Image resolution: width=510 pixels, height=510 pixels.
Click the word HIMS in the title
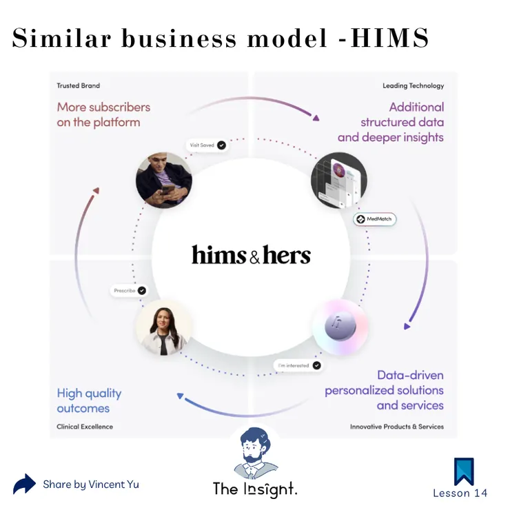click(389, 38)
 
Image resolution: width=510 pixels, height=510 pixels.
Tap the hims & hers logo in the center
click(251, 254)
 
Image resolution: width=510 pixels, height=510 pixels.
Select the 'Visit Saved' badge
click(207, 145)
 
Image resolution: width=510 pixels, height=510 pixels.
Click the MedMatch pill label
click(375, 219)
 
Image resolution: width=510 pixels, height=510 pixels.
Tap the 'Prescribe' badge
click(130, 290)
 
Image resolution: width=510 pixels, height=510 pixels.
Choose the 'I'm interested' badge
click(298, 365)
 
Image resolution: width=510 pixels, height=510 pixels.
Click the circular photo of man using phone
click(164, 180)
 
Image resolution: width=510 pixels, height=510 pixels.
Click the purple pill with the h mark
click(340, 326)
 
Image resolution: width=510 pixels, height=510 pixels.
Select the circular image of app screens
click(339, 180)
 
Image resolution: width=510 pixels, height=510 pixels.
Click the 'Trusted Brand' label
click(79, 85)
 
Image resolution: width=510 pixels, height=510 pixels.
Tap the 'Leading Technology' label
click(413, 85)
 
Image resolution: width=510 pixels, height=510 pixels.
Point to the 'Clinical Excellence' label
click(85, 427)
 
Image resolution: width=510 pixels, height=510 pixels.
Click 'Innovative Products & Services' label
click(397, 427)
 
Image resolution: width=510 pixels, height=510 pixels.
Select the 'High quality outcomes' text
click(89, 400)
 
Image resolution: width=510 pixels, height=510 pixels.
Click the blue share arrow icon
click(24, 484)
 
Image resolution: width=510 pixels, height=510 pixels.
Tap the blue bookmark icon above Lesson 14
click(464, 471)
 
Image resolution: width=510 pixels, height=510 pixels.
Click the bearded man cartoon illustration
click(255, 453)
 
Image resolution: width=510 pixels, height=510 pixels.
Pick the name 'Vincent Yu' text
click(114, 484)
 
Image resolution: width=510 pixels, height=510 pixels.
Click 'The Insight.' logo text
click(255, 489)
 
